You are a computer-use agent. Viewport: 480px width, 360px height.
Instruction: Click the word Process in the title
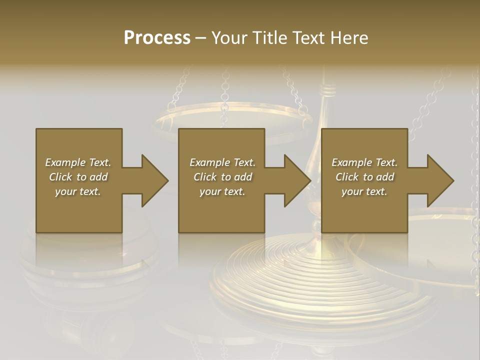pos(157,38)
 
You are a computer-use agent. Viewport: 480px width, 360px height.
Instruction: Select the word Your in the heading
pos(230,38)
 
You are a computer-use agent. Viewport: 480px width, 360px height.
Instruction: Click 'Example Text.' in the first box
pos(78,162)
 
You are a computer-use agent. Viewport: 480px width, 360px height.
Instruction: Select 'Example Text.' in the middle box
pos(222,162)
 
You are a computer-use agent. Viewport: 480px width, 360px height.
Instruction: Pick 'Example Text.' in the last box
pos(364,162)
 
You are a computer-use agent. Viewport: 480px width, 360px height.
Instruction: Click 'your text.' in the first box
pos(78,191)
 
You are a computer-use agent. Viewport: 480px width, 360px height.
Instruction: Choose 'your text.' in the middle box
pos(222,191)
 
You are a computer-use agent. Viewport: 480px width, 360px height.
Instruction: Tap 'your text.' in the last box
pos(364,191)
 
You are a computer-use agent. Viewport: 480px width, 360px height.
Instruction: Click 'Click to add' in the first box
pos(78,177)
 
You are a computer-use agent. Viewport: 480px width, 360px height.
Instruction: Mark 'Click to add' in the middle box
pos(222,177)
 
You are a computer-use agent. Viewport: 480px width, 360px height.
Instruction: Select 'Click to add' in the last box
pos(364,177)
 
